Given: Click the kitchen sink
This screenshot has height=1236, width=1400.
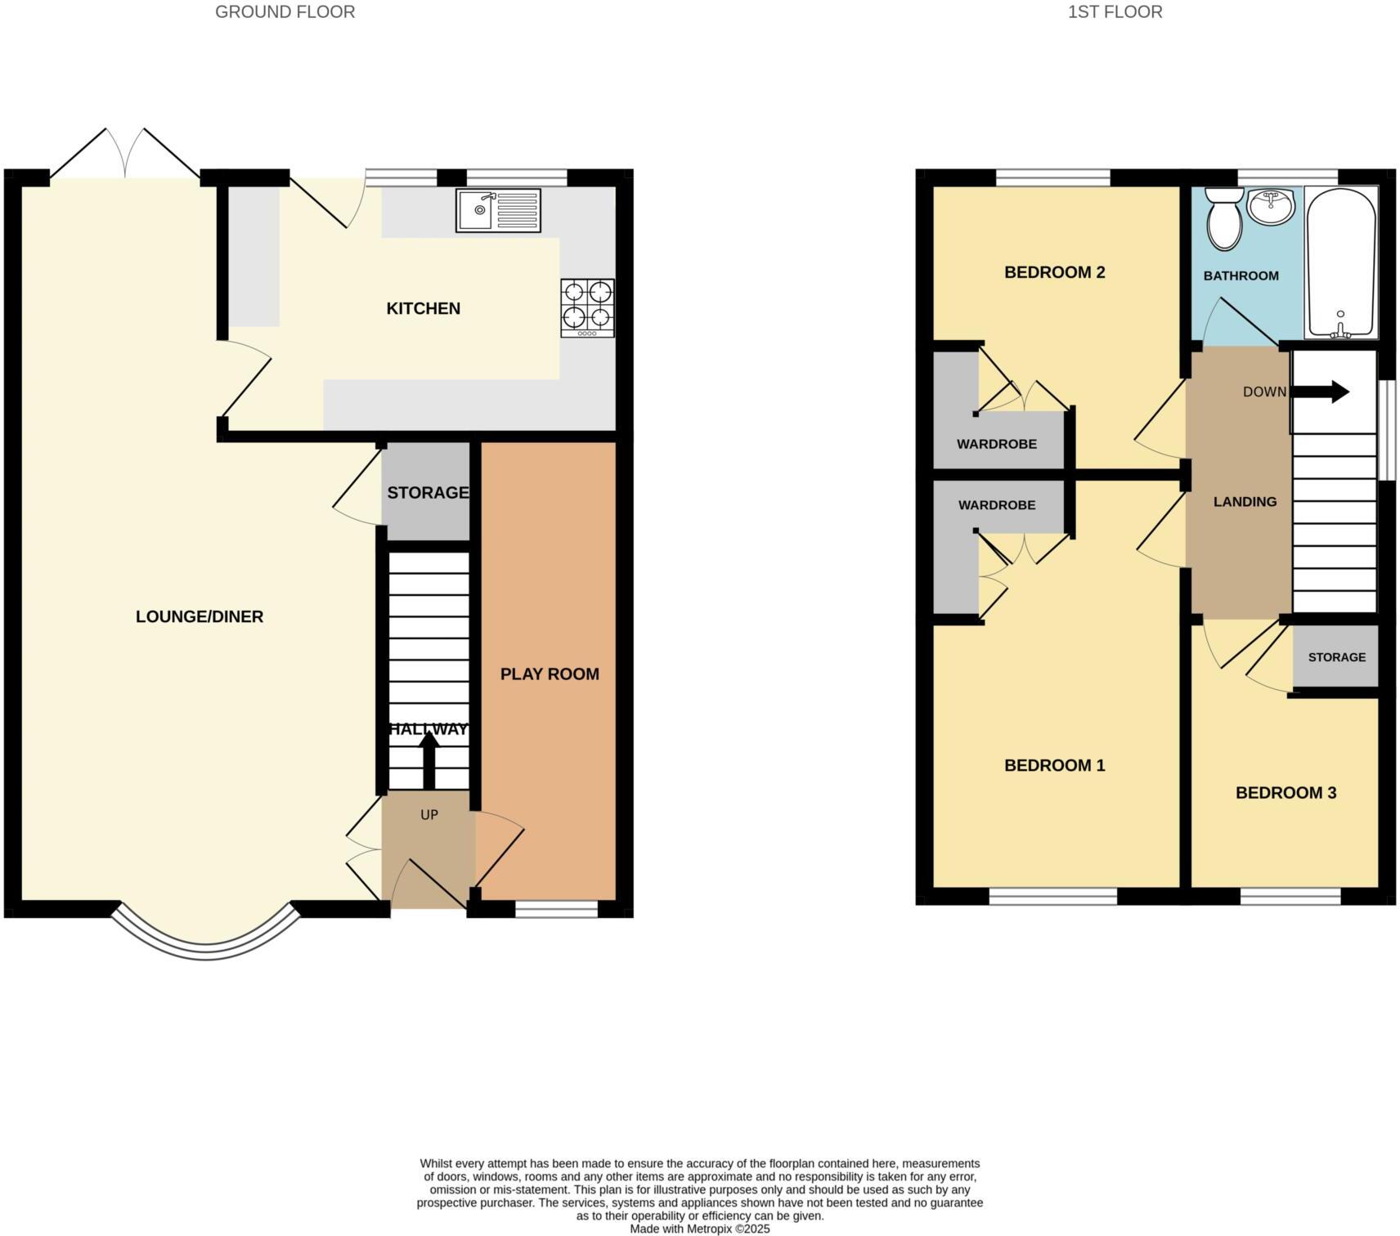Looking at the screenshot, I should tap(498, 210).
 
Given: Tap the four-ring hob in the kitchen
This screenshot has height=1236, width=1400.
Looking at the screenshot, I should tap(587, 307).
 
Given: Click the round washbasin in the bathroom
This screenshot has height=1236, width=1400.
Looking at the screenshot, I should tap(1272, 205).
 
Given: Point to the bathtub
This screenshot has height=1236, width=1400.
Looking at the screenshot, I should tap(1340, 262).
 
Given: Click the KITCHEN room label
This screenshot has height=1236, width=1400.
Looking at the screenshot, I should tap(423, 308).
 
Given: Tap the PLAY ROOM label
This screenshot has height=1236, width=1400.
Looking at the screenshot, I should tap(550, 674).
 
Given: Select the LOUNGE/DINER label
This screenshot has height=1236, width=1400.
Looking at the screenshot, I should tap(200, 616).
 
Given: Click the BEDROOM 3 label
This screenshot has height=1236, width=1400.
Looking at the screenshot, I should tap(1286, 792).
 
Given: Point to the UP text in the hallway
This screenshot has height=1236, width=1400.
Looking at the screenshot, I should tap(429, 814).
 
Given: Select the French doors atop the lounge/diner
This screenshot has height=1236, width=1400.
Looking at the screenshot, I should tap(125, 155).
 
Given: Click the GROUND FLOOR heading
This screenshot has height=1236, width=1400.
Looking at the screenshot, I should tap(285, 11).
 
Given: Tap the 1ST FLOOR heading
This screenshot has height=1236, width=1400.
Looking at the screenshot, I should tap(1115, 11).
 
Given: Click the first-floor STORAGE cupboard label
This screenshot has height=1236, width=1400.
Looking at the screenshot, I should tap(1336, 656).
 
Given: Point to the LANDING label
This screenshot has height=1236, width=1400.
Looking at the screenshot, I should tap(1245, 501).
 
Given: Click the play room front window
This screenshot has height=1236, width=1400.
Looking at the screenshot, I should tap(556, 909).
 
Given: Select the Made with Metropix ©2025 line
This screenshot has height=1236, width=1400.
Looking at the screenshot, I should tap(699, 1229).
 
